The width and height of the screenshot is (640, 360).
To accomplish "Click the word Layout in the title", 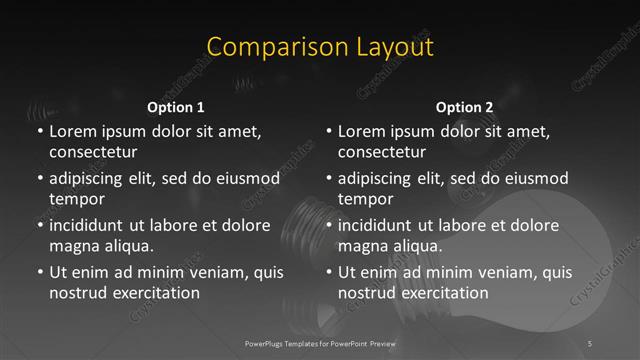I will pos(386,47).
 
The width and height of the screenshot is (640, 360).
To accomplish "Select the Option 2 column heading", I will pos(464,107).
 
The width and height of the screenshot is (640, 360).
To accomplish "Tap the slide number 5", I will pos(591,343).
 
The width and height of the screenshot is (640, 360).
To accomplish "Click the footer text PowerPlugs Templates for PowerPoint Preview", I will pos(319,343).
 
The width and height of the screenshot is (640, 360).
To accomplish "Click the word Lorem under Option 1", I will pos(72,131).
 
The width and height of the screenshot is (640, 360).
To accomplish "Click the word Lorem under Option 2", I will pos(361,131).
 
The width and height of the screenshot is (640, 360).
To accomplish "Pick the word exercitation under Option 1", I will pos(152,293).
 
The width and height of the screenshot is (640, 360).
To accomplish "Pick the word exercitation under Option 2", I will pos(441,293).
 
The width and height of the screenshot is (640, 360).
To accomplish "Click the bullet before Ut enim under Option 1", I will pos(38,272).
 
